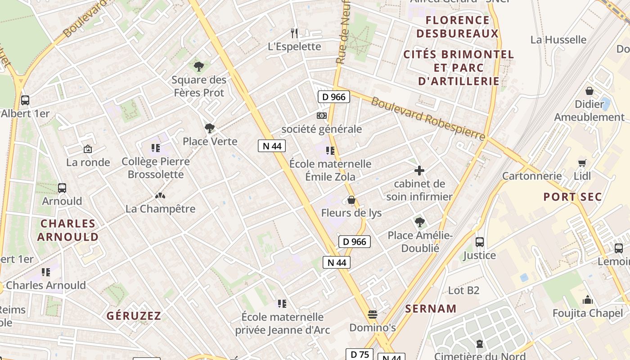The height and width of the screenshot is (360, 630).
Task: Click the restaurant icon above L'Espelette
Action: pyautogui.click(x=294, y=33)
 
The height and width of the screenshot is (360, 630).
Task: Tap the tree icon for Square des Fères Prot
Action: pyautogui.click(x=198, y=67)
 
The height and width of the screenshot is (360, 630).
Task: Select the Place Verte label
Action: pyautogui.click(x=210, y=141)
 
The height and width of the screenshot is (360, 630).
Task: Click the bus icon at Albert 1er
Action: pyautogui.click(x=25, y=100)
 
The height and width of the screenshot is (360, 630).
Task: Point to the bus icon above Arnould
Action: pyautogui.click(x=62, y=188)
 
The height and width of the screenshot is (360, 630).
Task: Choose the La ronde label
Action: pyautogui.click(x=88, y=162)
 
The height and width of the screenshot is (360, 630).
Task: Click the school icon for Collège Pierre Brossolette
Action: pyautogui.click(x=156, y=148)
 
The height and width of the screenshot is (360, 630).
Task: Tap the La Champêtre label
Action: pyautogui.click(x=160, y=209)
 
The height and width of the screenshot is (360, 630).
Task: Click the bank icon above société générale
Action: pyautogui.click(x=321, y=116)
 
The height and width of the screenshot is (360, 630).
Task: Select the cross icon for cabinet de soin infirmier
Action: pyautogui.click(x=419, y=171)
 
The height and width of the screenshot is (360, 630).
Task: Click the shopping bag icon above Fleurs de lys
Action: pyautogui.click(x=351, y=200)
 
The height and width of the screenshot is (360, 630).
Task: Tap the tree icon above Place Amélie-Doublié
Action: pyautogui.click(x=419, y=222)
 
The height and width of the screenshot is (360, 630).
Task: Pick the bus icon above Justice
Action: pyautogui.click(x=480, y=242)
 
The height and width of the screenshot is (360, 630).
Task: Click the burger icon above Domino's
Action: pyautogui.click(x=372, y=314)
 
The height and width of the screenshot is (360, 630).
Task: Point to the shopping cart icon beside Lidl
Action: pyautogui.click(x=582, y=163)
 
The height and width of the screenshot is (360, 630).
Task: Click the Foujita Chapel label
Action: pyautogui.click(x=588, y=313)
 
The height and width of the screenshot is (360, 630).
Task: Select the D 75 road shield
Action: pyautogui.click(x=360, y=355)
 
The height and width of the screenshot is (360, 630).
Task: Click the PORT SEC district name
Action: pyautogui.click(x=572, y=197)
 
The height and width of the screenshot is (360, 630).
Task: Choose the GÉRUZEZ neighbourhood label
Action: pyautogui.click(x=134, y=316)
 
